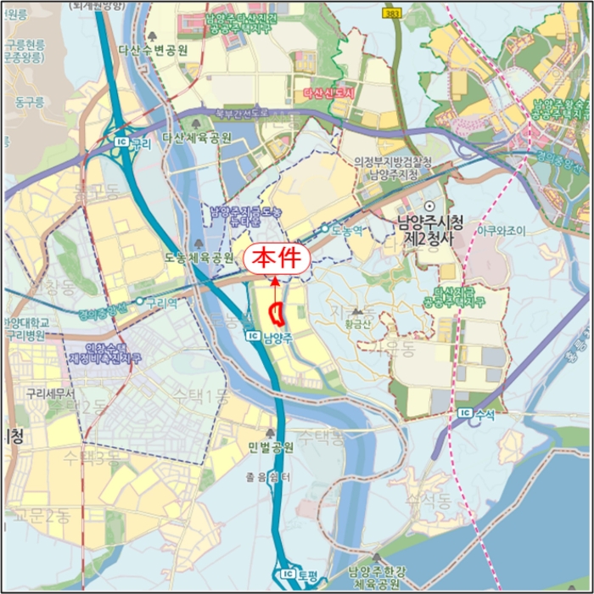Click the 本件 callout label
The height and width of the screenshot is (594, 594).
(x=276, y=258)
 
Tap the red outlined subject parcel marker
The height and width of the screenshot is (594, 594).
(x=276, y=313)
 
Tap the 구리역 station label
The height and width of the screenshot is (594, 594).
(x=159, y=301)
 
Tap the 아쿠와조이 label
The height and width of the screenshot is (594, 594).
(x=502, y=230)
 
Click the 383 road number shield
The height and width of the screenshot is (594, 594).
(x=390, y=14)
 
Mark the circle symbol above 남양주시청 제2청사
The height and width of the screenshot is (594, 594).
(x=429, y=206)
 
